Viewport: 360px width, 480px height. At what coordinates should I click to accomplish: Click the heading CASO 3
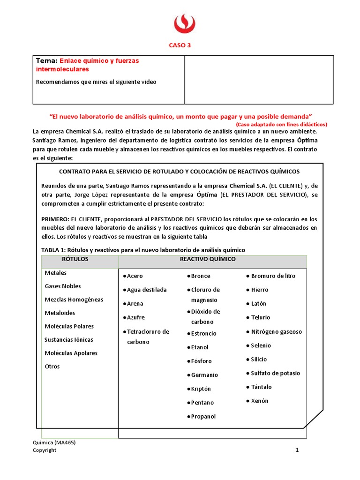click(180, 45)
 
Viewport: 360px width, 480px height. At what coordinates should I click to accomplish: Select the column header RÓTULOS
click(75, 259)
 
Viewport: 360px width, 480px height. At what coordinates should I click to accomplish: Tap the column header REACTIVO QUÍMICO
click(208, 259)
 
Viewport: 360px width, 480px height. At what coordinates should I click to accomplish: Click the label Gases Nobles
click(63, 286)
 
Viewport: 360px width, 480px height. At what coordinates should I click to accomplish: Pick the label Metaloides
click(60, 313)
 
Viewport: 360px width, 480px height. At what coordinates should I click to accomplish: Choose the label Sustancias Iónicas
click(69, 339)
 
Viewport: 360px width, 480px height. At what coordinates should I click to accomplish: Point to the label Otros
click(52, 366)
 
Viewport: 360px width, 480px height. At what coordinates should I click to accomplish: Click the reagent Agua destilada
click(147, 290)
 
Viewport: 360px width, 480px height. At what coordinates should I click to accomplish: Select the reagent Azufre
click(135, 317)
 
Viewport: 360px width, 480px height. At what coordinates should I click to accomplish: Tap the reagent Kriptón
click(201, 389)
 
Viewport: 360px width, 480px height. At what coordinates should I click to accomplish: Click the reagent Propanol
click(203, 416)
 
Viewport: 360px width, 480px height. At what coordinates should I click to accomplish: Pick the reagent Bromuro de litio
click(273, 276)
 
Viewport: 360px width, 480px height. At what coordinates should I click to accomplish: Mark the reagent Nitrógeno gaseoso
click(277, 331)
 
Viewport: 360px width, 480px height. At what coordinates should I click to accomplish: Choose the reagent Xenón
click(260, 401)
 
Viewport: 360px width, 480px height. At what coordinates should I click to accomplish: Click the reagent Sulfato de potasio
click(275, 373)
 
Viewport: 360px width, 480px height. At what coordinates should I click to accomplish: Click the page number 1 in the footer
click(297, 450)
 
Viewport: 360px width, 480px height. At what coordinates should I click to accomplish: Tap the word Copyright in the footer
click(45, 450)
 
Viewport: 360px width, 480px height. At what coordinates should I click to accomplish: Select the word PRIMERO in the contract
click(55, 219)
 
